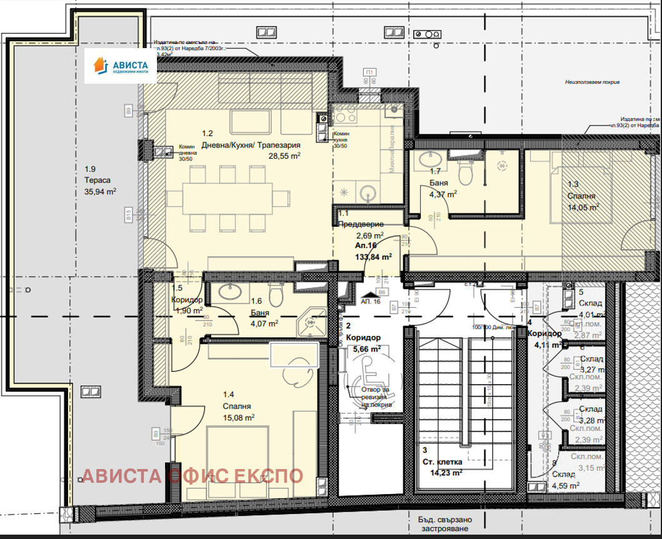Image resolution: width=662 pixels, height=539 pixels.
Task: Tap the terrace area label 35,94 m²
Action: point(100,192)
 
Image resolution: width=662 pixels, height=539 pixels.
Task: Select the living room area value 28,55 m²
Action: point(284,157)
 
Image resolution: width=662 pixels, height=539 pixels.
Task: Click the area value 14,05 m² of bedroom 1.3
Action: point(583,207)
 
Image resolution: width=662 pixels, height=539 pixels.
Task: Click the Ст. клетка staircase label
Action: point(443,462)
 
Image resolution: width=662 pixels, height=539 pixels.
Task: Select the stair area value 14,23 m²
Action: point(446,473)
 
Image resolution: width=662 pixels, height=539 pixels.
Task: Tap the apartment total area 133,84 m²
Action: point(373,256)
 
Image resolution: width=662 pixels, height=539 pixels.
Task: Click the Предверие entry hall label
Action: point(360,224)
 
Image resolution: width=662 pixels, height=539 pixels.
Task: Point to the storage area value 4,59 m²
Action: point(566,485)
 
